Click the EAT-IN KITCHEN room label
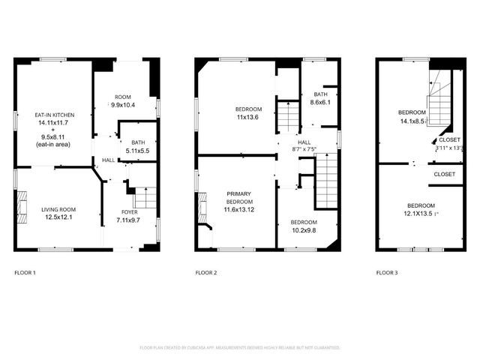click(x=52, y=115)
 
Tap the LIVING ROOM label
click(x=58, y=209)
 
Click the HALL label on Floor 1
click(x=109, y=159)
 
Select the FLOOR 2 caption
click(x=206, y=272)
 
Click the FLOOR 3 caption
click(x=387, y=272)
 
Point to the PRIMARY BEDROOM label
click(x=239, y=198)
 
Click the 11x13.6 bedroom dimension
click(x=247, y=117)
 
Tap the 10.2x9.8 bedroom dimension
click(x=304, y=230)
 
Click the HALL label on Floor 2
click(x=304, y=142)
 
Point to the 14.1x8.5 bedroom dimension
click(x=412, y=120)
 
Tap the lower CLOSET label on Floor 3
click(x=444, y=174)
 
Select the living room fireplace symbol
click(x=21, y=204)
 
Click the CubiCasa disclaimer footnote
click(x=240, y=348)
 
